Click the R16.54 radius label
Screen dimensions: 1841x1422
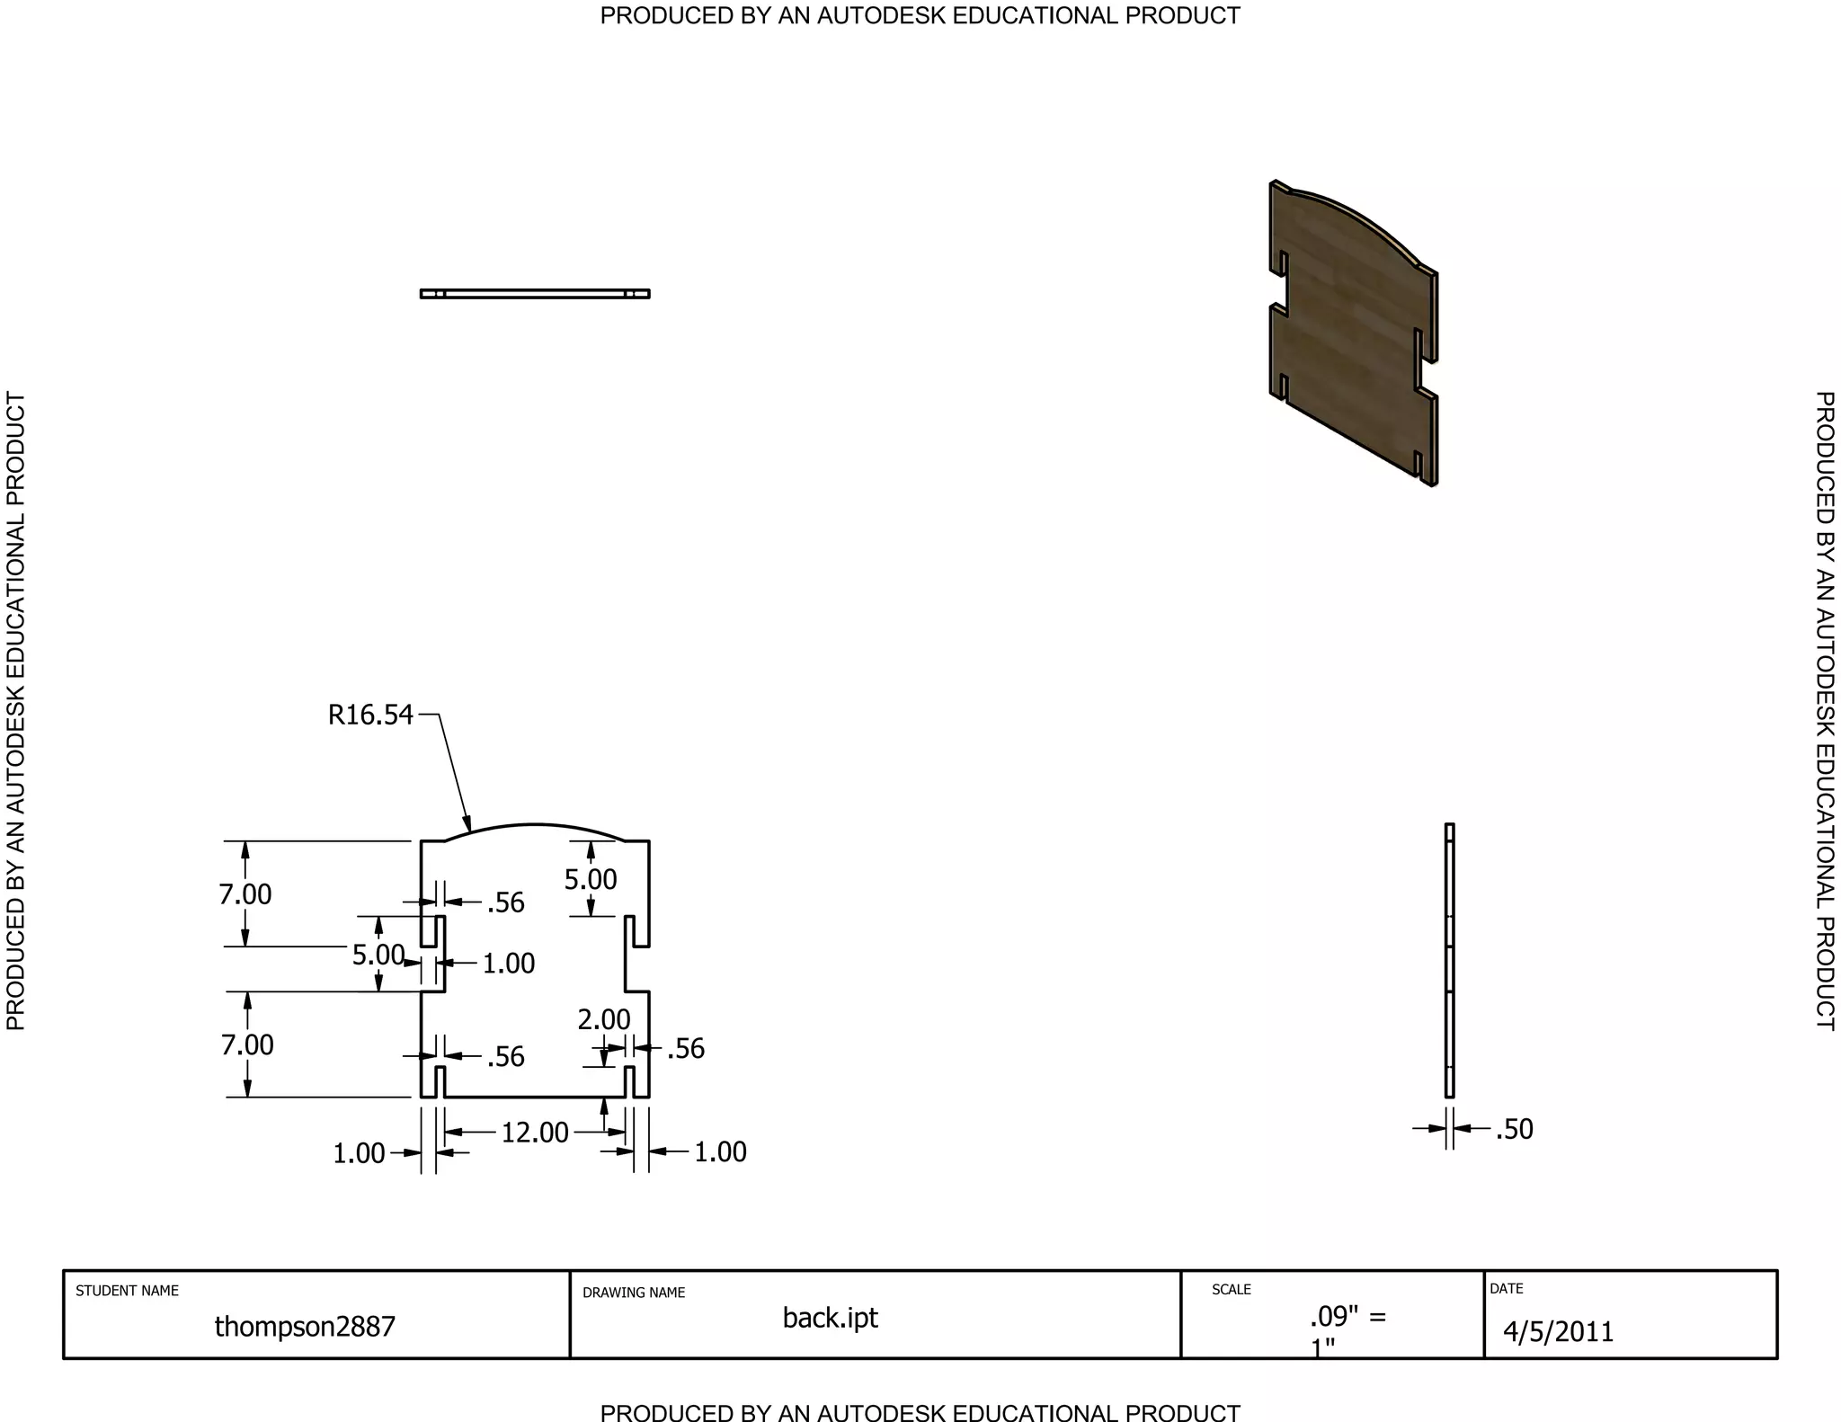point(370,715)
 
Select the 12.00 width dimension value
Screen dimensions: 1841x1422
point(535,1133)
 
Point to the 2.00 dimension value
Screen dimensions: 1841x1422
point(604,1019)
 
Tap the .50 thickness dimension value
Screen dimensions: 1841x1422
point(1515,1129)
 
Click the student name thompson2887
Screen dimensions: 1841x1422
point(305,1326)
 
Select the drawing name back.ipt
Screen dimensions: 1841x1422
point(831,1318)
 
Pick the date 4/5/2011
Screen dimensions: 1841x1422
point(1559,1331)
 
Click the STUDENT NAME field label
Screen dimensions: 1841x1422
point(127,1291)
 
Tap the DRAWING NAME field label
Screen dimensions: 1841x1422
point(634,1293)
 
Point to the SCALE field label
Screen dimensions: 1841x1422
point(1232,1289)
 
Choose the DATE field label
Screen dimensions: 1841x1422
point(1507,1288)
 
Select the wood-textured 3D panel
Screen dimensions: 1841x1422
point(1354,333)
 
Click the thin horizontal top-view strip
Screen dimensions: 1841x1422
point(535,294)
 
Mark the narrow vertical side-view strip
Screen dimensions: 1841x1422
point(1449,960)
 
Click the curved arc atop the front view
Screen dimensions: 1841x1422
point(535,824)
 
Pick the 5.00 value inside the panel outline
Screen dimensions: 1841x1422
point(591,879)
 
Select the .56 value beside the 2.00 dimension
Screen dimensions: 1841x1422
point(686,1048)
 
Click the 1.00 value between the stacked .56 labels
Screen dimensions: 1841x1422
point(509,964)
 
